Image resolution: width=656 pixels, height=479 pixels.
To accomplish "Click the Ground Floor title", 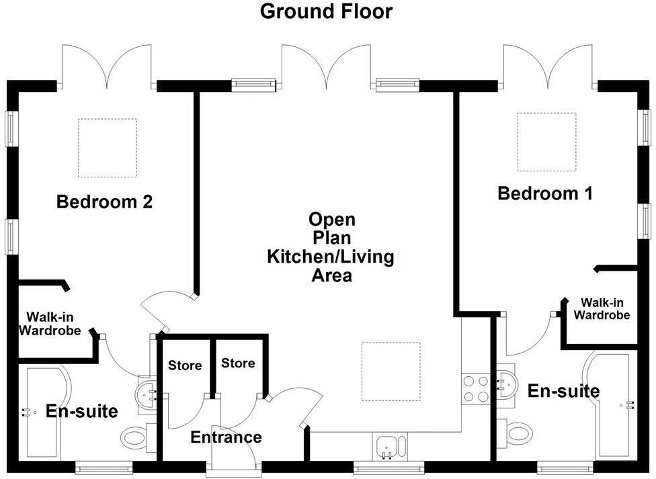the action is [x=326, y=11].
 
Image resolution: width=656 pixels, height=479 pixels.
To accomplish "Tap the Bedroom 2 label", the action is [x=104, y=202].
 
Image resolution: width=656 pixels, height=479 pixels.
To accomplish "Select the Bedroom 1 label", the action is [x=545, y=194].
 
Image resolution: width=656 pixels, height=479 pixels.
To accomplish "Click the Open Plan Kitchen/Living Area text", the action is [x=331, y=247].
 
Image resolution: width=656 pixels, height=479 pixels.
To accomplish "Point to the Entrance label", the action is [x=226, y=438].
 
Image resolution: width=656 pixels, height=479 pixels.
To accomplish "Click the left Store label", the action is [x=185, y=365].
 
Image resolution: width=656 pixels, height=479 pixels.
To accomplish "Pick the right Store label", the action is [x=238, y=363].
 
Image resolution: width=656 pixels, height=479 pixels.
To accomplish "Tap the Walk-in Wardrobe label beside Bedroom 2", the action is [x=50, y=323].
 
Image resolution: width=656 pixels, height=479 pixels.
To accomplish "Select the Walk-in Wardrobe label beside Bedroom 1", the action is [x=602, y=308].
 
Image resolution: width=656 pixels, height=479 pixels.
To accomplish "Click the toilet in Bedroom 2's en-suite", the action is [x=138, y=439].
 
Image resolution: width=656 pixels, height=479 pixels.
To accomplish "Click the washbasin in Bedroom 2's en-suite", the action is [x=147, y=390].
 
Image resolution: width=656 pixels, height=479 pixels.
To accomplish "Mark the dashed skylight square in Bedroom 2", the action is [x=108, y=148].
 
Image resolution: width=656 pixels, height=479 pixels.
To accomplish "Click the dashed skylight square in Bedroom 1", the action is [x=546, y=142].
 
